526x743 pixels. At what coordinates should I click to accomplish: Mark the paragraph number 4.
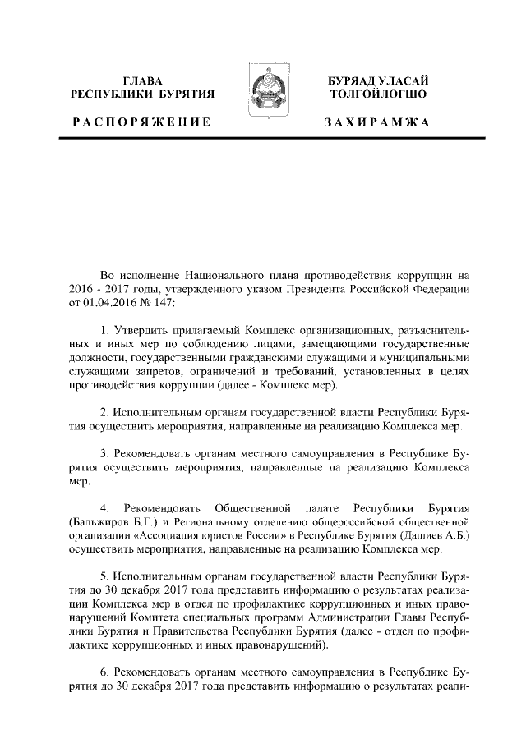pos(104,506)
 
